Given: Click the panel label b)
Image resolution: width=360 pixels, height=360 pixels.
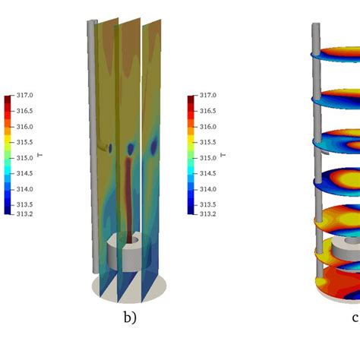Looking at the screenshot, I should click(130, 318).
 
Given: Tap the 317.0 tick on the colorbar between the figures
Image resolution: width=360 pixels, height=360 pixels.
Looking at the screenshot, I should click(206, 96).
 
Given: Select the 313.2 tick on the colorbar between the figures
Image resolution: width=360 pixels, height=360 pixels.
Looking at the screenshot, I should click(206, 214).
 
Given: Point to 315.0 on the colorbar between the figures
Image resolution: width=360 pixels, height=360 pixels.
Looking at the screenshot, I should click(206, 158).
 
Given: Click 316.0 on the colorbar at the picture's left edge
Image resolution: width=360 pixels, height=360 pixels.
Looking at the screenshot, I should click(24, 127).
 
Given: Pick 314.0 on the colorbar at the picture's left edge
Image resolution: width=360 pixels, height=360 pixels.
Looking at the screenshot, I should click(24, 189).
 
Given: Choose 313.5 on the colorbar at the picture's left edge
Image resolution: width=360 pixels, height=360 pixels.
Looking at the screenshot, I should click(24, 204).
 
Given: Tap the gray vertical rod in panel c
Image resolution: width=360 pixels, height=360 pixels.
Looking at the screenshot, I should click(316, 152).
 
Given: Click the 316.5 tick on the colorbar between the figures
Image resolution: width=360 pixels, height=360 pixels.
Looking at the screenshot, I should click(206, 112).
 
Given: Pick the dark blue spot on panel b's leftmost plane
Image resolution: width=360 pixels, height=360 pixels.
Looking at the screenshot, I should click(110, 148).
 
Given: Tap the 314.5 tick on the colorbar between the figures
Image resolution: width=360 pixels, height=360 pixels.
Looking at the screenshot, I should click(206, 173).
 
